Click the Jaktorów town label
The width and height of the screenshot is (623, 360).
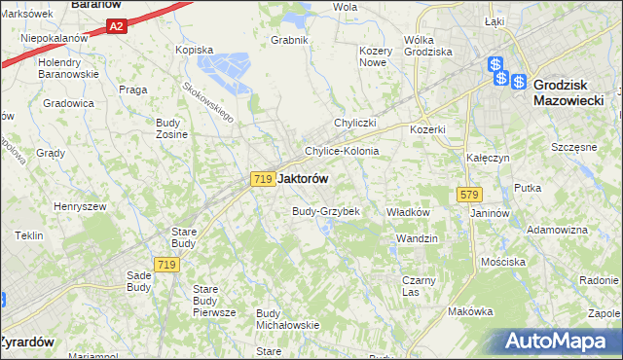point(303,179)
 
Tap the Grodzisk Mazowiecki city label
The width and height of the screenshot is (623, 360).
point(569,92)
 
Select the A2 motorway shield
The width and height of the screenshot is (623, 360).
point(116,28)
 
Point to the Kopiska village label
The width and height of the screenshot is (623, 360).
point(194,49)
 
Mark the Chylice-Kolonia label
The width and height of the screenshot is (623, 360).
point(342,152)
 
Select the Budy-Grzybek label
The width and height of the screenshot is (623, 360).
point(327,211)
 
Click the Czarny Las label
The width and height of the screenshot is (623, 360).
point(418,285)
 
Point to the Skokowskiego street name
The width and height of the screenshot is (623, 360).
point(208,100)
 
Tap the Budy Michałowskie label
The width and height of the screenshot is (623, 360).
point(287,318)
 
